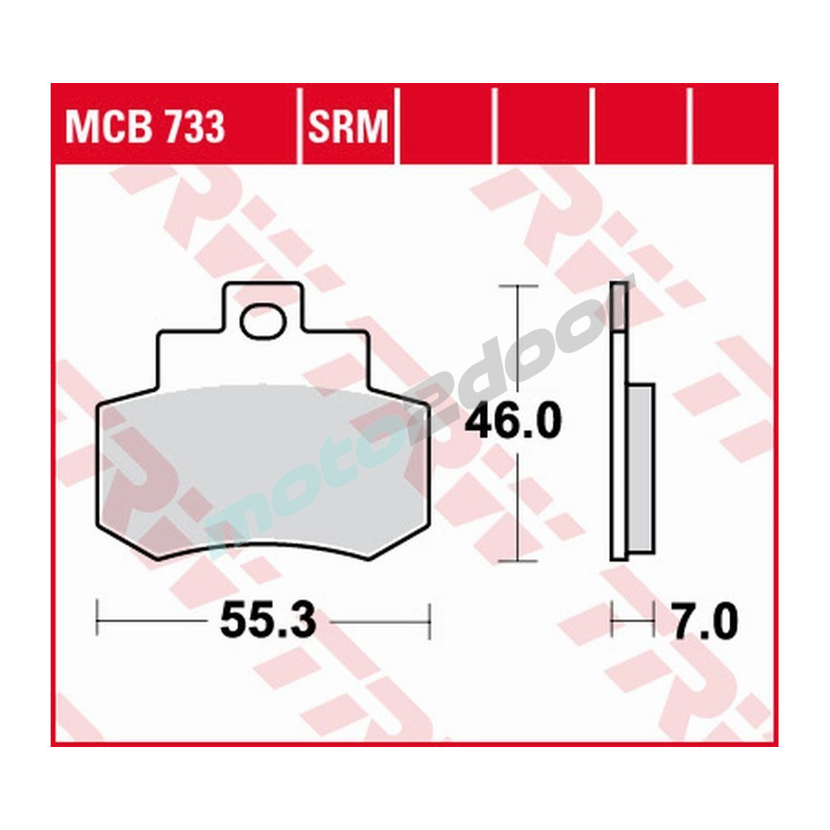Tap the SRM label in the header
click(348, 128)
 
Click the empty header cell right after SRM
click(447, 124)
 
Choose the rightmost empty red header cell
click(734, 124)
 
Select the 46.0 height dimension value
click(513, 422)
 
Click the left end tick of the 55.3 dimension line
click(98, 619)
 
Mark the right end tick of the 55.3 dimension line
click(429, 619)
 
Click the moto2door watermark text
click(415, 432)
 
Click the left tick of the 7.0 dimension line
click(612, 619)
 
